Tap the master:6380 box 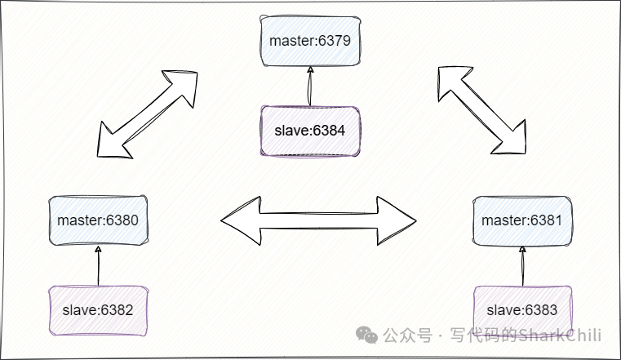[x=98, y=220]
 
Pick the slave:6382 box [x=98, y=309]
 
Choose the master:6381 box [x=521, y=220]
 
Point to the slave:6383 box [x=521, y=309]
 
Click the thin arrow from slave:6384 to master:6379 [x=309, y=87]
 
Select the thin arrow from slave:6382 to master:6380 [x=98, y=266]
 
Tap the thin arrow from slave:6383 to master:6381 [x=521, y=266]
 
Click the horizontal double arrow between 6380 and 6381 [x=318, y=220]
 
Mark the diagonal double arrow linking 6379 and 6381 [x=481, y=109]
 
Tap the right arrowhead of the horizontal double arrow [x=398, y=220]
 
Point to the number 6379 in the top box [x=334, y=40]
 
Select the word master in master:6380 [x=78, y=220]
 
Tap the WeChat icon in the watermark [x=369, y=336]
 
